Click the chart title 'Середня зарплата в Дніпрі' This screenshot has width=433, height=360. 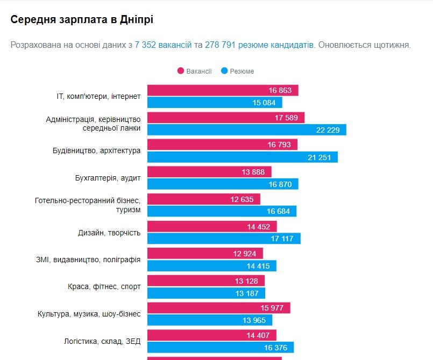point(82,20)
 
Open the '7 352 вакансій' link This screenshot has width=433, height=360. point(163,45)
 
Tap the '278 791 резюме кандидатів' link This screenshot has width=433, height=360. point(259,45)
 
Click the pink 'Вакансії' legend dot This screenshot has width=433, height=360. point(181,71)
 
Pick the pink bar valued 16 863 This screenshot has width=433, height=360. point(222,90)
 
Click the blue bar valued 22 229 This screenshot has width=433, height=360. point(246,129)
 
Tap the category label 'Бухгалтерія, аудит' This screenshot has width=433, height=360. point(108,178)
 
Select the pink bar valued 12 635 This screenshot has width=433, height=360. point(203,199)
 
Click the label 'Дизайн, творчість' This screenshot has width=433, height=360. point(109,233)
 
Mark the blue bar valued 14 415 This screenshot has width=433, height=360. point(211,266)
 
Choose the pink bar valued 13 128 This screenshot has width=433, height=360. point(205,281)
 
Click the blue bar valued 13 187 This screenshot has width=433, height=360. point(206,293)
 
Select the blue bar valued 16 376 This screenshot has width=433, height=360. point(221,348)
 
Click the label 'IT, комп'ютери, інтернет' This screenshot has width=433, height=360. point(98,96)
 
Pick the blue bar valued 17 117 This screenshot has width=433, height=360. point(224,239)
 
